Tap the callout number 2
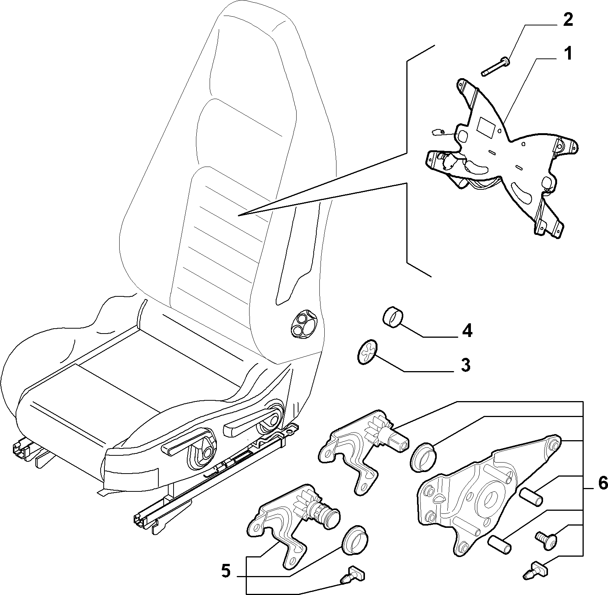[567, 20]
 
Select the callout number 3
[465, 365]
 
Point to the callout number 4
[467, 331]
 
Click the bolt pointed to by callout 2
[495, 66]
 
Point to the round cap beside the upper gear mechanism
[423, 456]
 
